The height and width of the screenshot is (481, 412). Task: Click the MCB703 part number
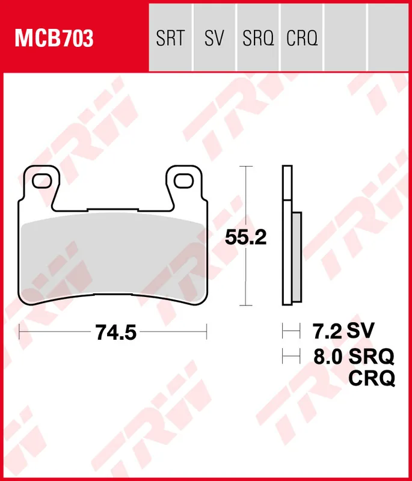[x=54, y=39]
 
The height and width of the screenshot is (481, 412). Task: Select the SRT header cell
[x=170, y=39]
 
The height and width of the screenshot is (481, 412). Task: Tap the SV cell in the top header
[x=214, y=39]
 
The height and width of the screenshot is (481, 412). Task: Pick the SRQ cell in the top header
[x=258, y=39]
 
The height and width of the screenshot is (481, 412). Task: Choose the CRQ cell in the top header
[x=301, y=39]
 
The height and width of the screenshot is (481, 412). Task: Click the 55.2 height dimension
[x=245, y=238]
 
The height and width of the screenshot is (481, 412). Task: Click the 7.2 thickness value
[x=327, y=330]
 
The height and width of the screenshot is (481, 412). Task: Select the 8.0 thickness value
[x=328, y=357]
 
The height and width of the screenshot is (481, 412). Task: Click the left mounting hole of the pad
[x=42, y=179]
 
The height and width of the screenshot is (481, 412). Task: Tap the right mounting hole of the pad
[x=185, y=179]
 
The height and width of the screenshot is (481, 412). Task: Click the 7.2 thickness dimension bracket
[x=291, y=330]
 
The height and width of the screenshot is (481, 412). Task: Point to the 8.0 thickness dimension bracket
[x=291, y=357]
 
